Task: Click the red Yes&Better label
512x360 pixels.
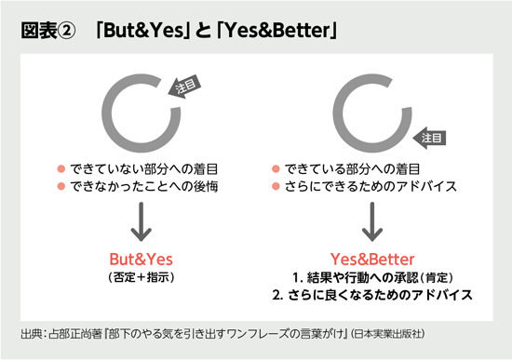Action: tap(372, 257)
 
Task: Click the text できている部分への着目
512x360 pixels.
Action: tap(352, 169)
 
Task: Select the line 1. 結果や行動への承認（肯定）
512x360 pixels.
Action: tap(372, 276)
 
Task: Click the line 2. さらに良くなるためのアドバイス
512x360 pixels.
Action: tap(372, 295)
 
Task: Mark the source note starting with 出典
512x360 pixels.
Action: tap(223, 332)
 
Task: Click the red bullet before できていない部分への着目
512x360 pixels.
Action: tap(61, 169)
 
